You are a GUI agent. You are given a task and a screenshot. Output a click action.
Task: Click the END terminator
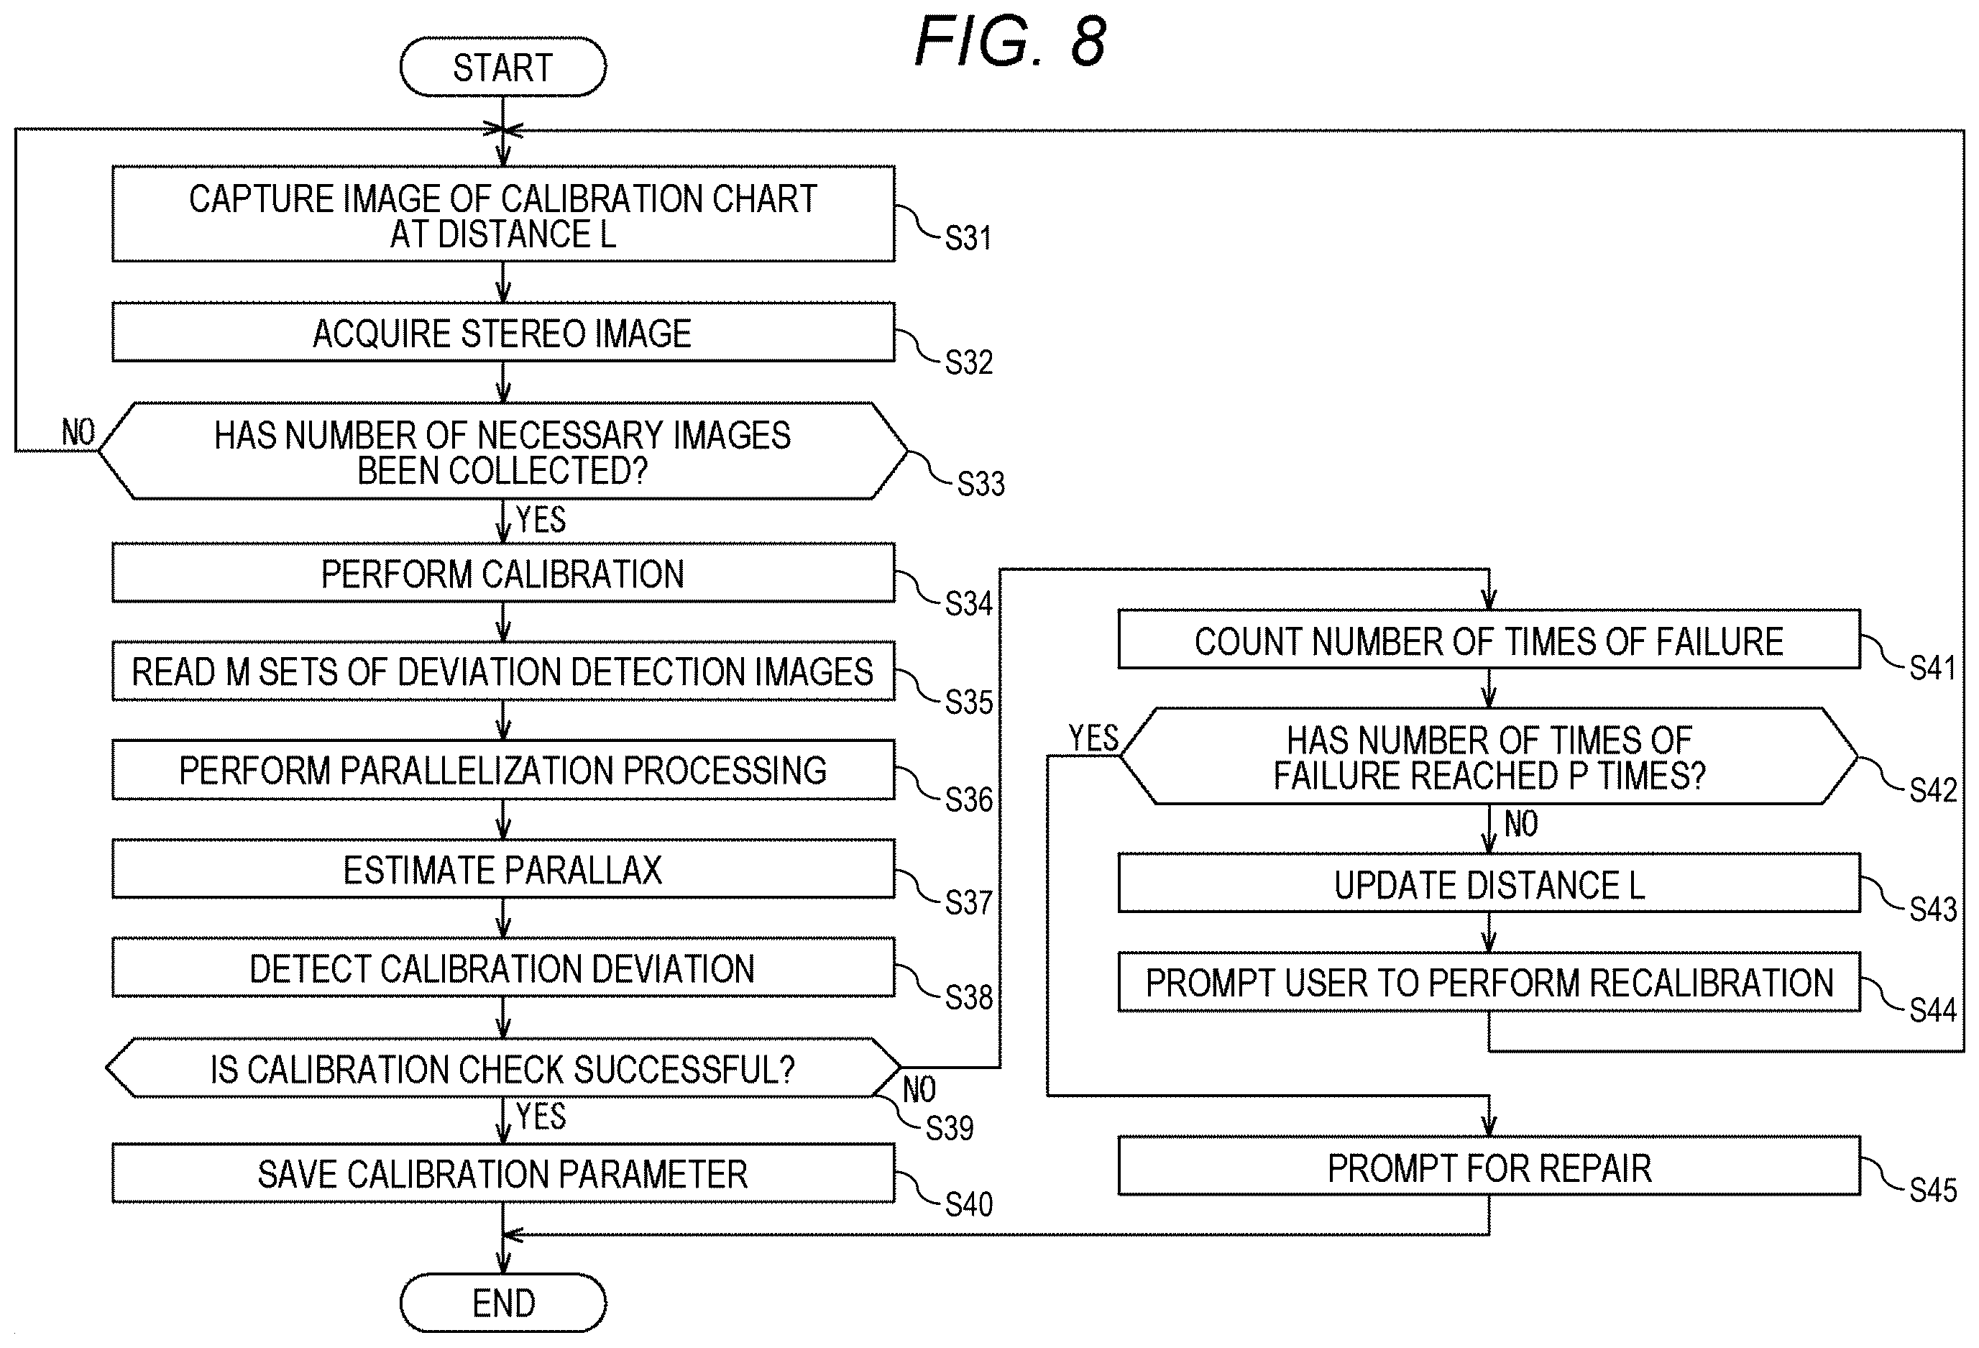[x=503, y=1303]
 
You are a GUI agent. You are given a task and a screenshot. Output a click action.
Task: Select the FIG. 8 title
[x=1010, y=42]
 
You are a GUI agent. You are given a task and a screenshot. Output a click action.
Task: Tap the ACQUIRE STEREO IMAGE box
[x=503, y=332]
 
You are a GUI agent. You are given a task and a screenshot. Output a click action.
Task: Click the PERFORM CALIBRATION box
[x=503, y=573]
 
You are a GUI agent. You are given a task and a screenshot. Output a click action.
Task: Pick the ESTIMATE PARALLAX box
[x=503, y=869]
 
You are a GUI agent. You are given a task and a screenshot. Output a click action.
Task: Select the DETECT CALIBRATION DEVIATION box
[x=503, y=968]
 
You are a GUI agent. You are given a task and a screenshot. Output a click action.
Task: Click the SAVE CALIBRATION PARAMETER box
[x=503, y=1173]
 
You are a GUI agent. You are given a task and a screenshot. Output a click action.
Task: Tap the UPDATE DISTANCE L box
[x=1489, y=884]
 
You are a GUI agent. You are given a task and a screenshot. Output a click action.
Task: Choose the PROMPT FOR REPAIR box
[x=1489, y=1167]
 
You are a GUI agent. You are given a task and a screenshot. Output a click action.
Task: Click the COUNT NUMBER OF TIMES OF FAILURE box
[x=1489, y=640]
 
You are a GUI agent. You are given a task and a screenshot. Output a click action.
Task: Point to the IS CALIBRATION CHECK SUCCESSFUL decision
[x=503, y=1068]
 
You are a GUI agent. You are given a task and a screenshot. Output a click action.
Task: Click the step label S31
[x=968, y=237]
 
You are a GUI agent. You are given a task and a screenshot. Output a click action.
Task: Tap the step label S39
[x=950, y=1128]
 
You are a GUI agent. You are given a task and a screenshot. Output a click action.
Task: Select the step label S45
[x=1933, y=1190]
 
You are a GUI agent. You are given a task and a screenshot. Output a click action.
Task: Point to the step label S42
[x=1933, y=790]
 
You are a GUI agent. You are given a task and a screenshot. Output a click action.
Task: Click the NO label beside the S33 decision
[x=78, y=433]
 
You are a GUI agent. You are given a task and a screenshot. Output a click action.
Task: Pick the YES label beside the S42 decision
[x=1093, y=738]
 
